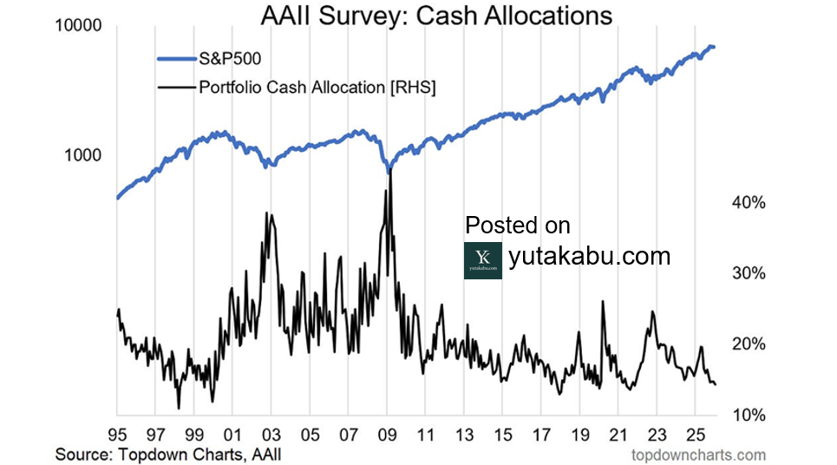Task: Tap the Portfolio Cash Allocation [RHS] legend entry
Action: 317,87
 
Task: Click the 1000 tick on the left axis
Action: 83,155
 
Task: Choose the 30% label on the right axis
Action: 748,273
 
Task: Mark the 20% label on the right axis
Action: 748,344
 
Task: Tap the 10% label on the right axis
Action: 748,415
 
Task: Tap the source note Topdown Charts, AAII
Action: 168,454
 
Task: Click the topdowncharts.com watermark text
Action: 698,454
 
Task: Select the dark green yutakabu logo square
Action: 483,260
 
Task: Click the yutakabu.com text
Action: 589,257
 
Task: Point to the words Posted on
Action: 518,226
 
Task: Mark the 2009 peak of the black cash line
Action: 390,170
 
